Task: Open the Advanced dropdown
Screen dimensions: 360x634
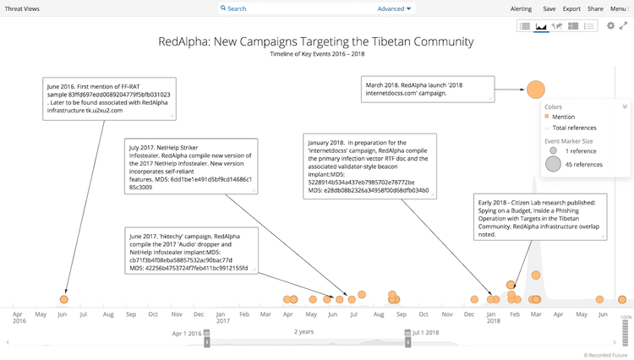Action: click(394, 8)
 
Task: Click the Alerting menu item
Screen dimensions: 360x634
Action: click(522, 8)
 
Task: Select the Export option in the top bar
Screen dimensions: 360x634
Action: click(572, 8)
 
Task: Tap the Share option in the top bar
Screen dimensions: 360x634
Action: click(595, 8)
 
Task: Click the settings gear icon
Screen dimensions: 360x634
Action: click(610, 26)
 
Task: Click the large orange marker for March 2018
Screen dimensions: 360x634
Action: click(535, 89)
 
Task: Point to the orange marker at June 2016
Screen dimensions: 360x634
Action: click(64, 299)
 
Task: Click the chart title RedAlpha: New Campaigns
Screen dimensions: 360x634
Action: click(316, 41)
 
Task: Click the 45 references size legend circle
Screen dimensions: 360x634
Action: click(553, 164)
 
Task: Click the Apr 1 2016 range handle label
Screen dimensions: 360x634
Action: click(189, 333)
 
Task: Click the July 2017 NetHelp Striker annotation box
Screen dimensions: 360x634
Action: click(189, 166)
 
